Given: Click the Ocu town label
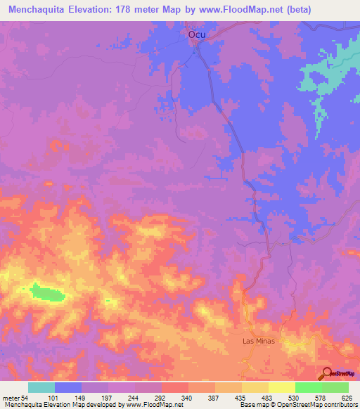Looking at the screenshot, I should click(196, 34).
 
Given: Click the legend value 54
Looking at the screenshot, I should click(25, 397).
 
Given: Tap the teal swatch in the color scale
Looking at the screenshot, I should click(41, 387).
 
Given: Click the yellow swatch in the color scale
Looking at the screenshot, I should click(281, 387).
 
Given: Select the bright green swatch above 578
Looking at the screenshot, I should click(308, 387).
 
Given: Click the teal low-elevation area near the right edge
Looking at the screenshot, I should click(323, 77).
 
